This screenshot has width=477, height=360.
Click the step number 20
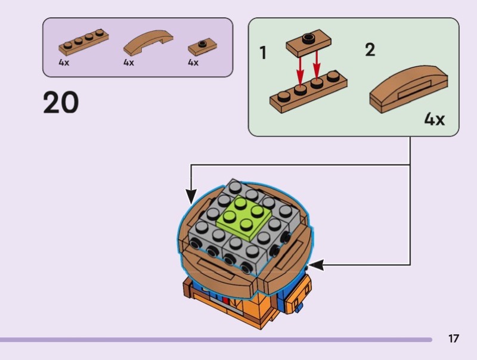click(x=61, y=103)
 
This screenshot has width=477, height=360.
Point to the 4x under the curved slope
click(x=129, y=63)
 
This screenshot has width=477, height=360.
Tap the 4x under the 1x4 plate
click(x=64, y=63)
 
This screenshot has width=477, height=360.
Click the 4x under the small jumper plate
click(x=193, y=63)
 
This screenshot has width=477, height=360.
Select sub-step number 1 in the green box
click(x=263, y=54)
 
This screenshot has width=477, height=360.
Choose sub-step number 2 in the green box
click(x=370, y=50)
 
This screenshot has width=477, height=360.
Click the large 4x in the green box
click(x=434, y=119)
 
